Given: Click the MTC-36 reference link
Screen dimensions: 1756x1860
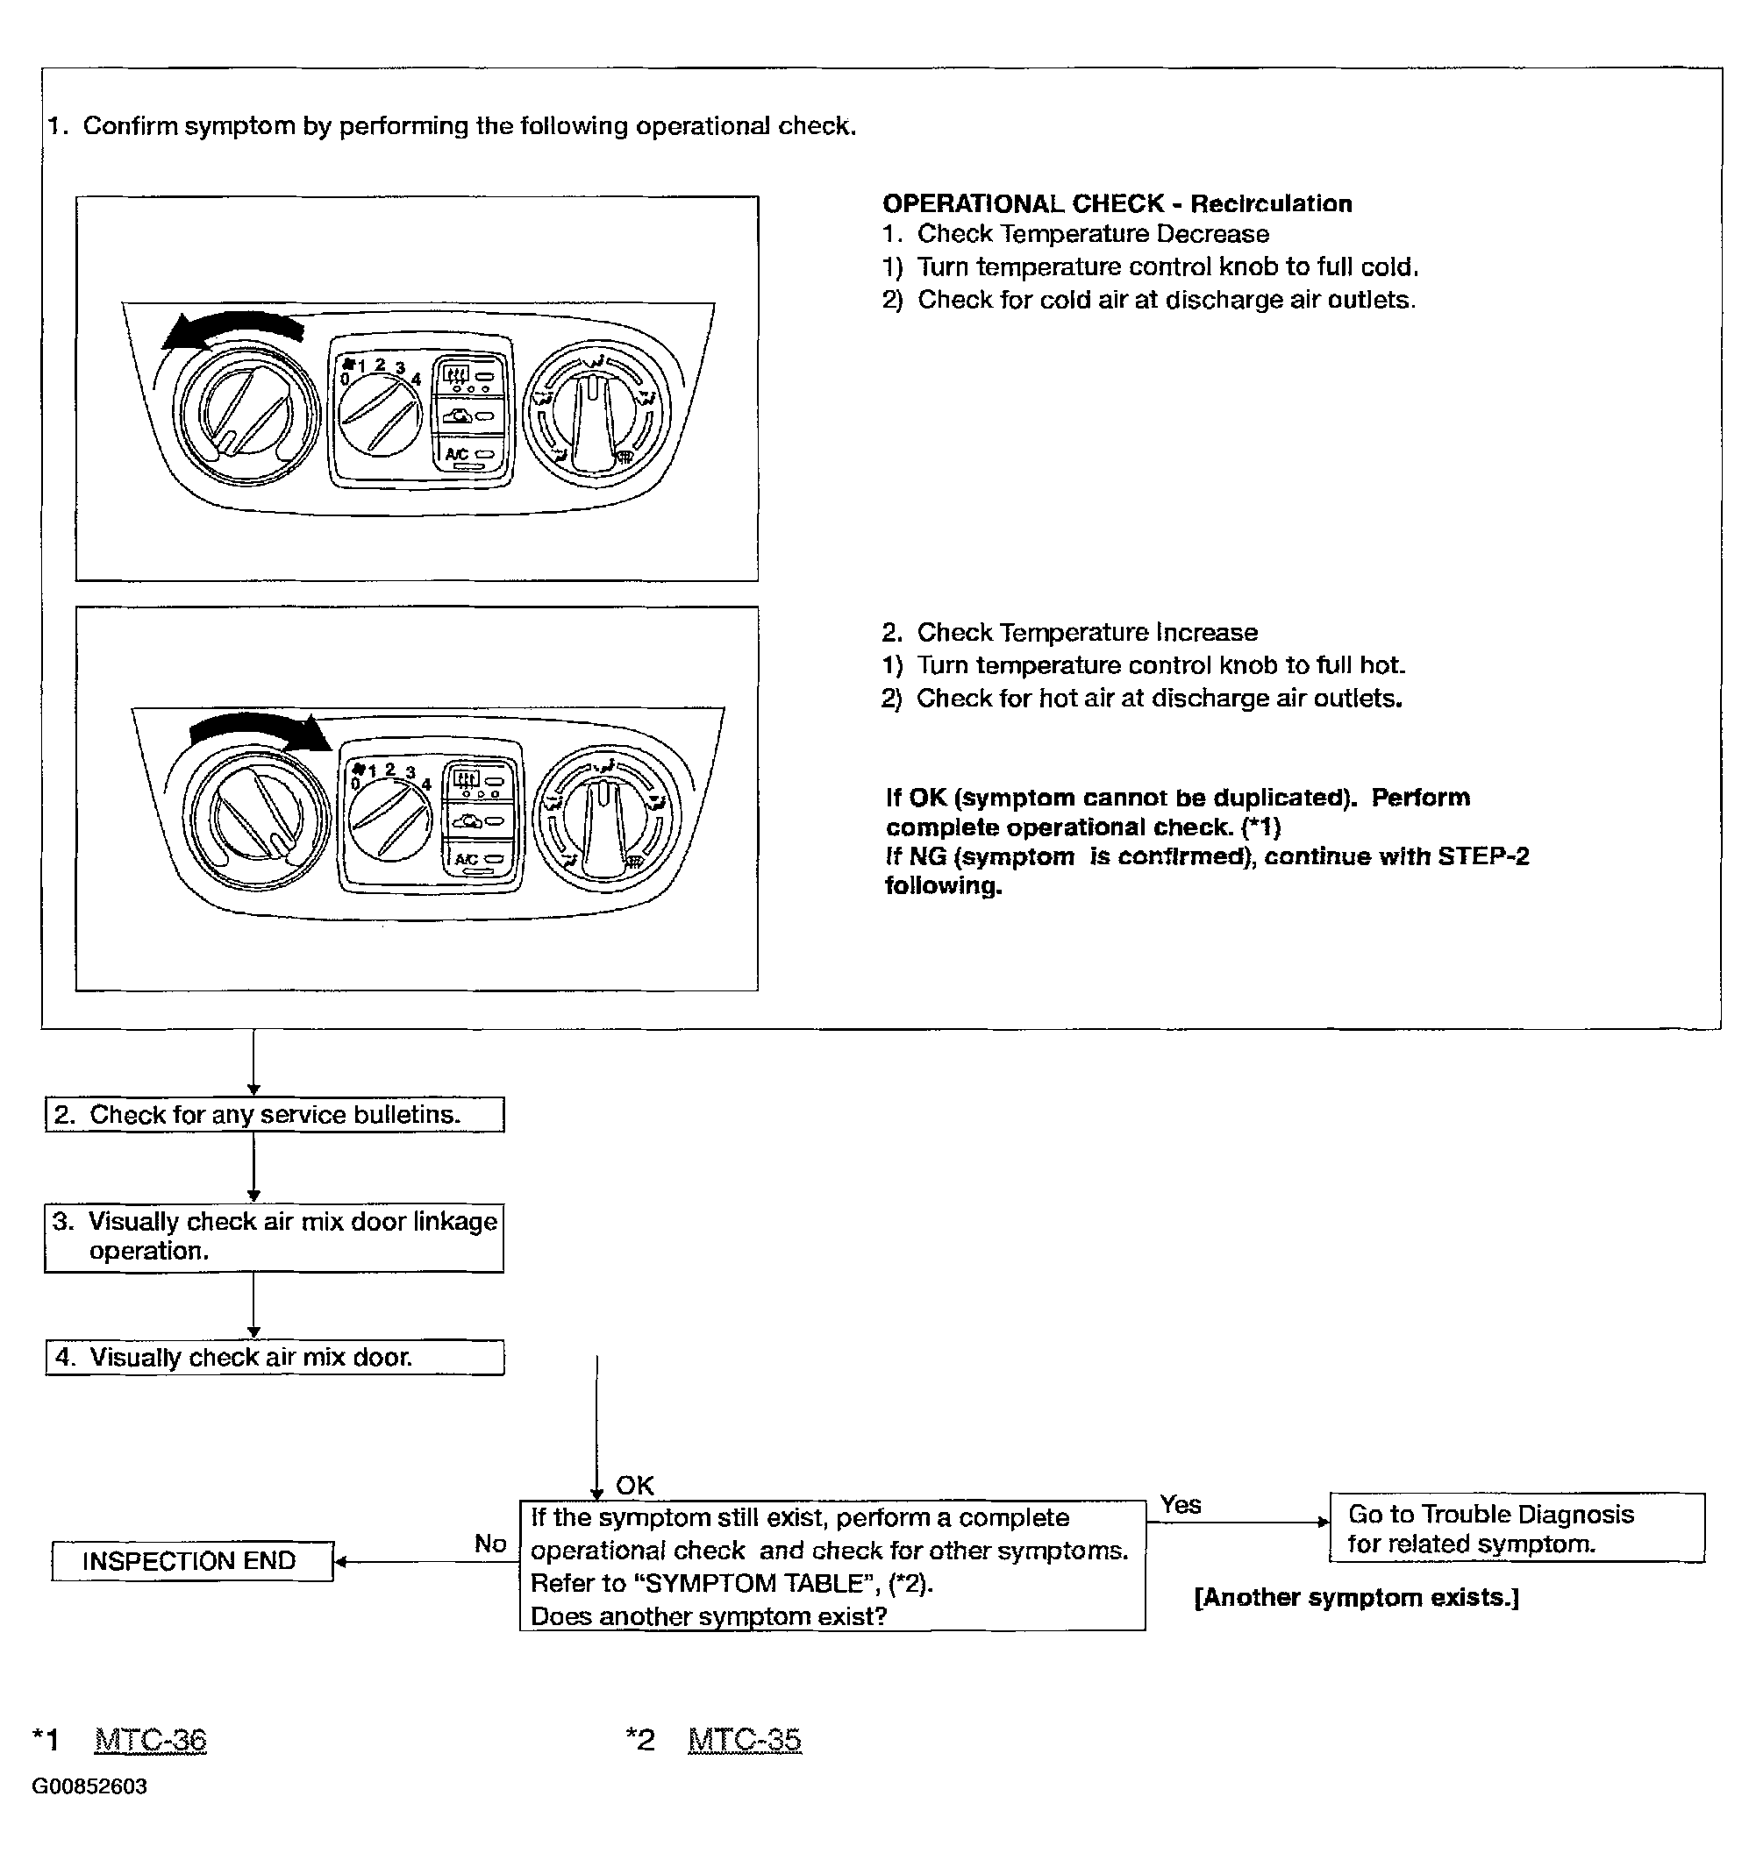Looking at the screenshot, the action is tap(151, 1739).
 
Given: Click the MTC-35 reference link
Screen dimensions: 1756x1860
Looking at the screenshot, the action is tap(745, 1739).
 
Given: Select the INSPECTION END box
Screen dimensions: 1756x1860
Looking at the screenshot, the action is tap(192, 1560).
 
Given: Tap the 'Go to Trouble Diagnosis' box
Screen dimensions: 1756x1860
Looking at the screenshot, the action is tap(1517, 1528).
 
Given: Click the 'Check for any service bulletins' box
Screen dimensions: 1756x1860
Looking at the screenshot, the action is tap(275, 1114).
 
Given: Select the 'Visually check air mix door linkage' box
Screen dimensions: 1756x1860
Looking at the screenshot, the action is tap(274, 1237).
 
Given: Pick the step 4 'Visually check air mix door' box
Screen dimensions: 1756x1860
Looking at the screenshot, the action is tap(275, 1357).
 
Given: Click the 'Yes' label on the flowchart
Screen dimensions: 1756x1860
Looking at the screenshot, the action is tap(1181, 1503).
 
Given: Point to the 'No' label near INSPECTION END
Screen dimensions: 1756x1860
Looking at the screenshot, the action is tap(490, 1543).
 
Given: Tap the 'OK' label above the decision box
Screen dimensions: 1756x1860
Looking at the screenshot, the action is tap(635, 1485).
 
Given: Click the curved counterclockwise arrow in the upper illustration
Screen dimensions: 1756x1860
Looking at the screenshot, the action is tap(232, 328).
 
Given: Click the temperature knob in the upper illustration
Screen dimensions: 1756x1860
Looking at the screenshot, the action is tap(246, 414).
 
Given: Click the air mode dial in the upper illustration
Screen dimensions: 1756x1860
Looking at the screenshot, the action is tap(596, 412).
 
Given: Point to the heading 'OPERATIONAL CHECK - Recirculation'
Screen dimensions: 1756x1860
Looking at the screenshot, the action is tap(1117, 203).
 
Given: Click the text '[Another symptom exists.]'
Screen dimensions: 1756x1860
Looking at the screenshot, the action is tap(1356, 1597).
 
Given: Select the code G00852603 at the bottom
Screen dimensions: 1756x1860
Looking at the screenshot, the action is tap(89, 1786).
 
